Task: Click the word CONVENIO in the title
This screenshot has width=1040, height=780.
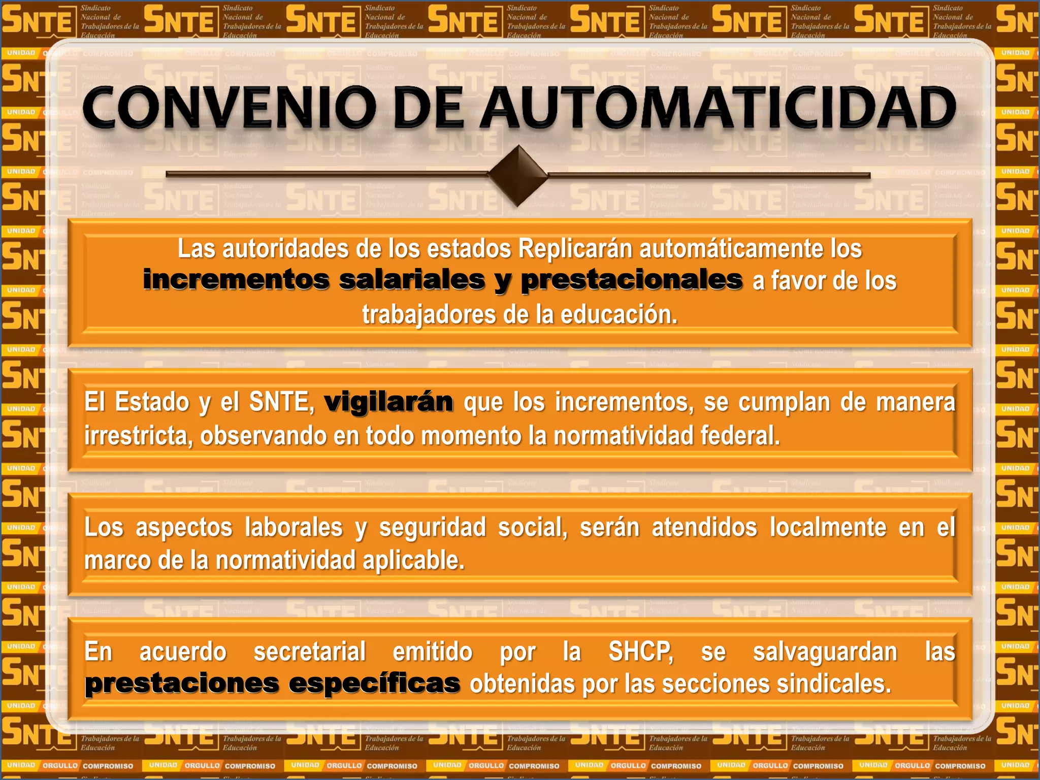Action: [229, 108]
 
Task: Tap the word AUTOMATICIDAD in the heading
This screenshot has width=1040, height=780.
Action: [718, 108]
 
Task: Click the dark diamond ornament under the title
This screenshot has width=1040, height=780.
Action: [517, 175]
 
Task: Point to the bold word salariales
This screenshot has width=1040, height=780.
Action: [412, 280]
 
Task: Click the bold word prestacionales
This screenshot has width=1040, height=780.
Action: [632, 280]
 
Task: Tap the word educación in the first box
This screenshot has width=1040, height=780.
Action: [619, 315]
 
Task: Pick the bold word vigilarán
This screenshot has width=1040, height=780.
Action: [388, 402]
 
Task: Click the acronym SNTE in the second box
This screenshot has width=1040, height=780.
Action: [281, 402]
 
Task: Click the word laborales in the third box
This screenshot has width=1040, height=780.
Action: [294, 527]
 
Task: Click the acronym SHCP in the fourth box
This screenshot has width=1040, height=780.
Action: [641, 652]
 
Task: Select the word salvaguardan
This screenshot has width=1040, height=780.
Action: [825, 652]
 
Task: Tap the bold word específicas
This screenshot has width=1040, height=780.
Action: [374, 684]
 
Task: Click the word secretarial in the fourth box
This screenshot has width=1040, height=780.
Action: [309, 652]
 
